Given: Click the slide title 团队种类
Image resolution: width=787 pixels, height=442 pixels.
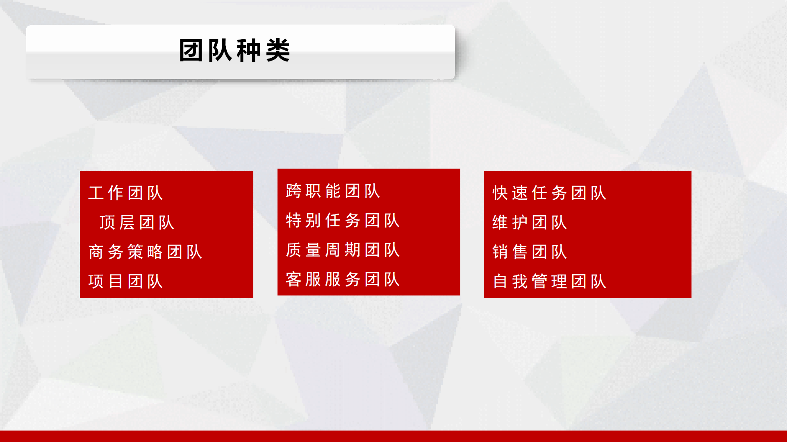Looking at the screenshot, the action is (234, 51).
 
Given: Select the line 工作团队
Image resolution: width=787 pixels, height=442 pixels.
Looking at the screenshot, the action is (126, 193).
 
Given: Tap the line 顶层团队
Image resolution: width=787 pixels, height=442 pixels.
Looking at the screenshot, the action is (137, 223).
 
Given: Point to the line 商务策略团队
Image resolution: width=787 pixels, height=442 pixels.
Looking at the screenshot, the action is (146, 252).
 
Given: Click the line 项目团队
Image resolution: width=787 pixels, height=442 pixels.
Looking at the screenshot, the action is (126, 282).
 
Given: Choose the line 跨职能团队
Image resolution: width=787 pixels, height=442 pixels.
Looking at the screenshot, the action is (333, 191).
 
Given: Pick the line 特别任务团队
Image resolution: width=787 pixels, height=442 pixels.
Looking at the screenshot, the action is (343, 221).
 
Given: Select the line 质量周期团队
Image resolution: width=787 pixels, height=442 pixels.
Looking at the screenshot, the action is (343, 250).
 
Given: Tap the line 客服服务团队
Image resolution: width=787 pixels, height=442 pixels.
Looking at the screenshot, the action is (343, 280).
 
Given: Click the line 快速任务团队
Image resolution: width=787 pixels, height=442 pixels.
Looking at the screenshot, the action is (550, 193).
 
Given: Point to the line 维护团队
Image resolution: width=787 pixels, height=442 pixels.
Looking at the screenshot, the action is (530, 223).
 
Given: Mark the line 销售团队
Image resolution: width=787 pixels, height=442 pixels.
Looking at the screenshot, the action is (530, 252).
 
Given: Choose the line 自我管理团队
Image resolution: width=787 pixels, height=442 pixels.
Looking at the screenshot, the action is (550, 282).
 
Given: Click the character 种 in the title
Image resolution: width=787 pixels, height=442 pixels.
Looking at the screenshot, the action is (249, 51).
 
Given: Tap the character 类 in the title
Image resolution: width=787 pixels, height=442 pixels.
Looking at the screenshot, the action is (278, 51).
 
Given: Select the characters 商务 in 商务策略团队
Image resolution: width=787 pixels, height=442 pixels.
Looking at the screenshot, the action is (106, 252).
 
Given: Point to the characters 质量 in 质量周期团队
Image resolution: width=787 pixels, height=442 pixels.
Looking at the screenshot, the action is (304, 250).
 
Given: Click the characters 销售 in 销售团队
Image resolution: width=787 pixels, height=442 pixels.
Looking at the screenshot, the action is (510, 252).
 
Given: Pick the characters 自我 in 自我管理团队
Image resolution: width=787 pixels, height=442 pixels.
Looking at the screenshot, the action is (510, 282).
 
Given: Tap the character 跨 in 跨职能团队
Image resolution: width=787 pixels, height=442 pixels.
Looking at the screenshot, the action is (294, 191).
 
